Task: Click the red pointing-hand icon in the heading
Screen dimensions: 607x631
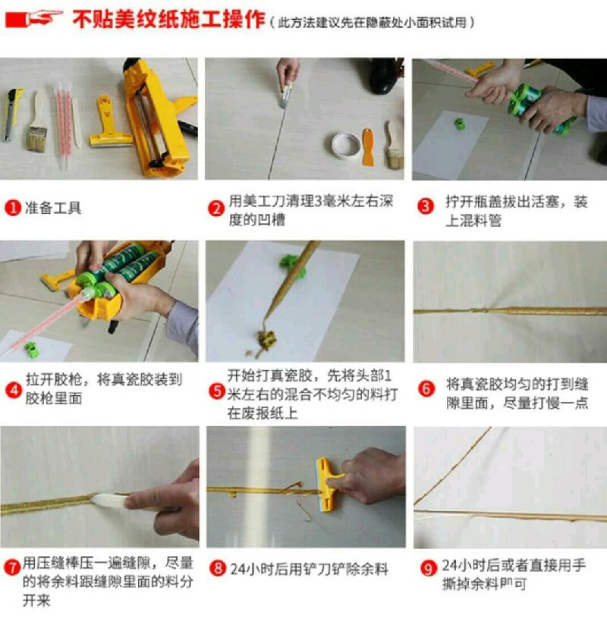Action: pos(34,18)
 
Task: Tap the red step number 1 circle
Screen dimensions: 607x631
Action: pos(13,208)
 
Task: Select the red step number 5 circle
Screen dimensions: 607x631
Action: pos(217,391)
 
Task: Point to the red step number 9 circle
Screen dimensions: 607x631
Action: pos(428,568)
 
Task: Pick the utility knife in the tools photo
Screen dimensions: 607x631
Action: pos(12,115)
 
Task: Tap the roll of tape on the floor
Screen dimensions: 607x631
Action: pos(346,145)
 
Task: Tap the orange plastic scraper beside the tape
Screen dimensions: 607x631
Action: pos(368,147)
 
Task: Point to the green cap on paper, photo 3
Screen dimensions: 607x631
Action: pos(460,124)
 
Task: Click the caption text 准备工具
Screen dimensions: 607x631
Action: pos(52,208)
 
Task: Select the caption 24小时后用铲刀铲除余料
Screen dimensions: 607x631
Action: pos(309,569)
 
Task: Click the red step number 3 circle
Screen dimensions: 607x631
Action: pos(426,206)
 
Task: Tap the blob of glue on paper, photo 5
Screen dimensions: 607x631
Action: pos(266,340)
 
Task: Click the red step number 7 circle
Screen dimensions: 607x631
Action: pos(12,567)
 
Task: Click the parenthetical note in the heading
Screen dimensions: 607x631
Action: pos(372,23)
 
